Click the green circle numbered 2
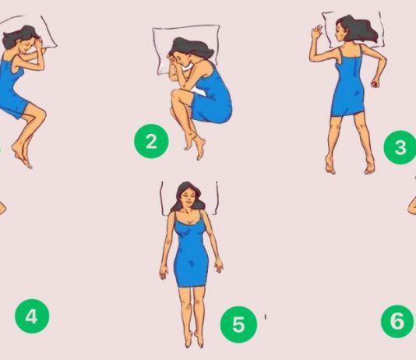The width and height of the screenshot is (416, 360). (x=151, y=141)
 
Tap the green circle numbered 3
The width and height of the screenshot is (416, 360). (x=400, y=147)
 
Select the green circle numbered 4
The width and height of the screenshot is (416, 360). (x=32, y=316)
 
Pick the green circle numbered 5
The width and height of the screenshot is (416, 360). (x=238, y=324)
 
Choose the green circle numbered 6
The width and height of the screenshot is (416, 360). (x=398, y=321)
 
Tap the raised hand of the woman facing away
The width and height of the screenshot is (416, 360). (x=316, y=32)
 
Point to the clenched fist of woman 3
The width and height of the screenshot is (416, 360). (x=375, y=83)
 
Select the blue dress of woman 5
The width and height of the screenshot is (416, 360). (x=191, y=252)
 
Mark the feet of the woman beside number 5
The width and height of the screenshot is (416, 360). (x=195, y=339)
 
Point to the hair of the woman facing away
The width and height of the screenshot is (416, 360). (x=358, y=29)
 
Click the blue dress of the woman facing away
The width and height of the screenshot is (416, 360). (x=347, y=83)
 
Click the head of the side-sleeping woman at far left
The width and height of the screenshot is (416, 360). (x=21, y=39)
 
